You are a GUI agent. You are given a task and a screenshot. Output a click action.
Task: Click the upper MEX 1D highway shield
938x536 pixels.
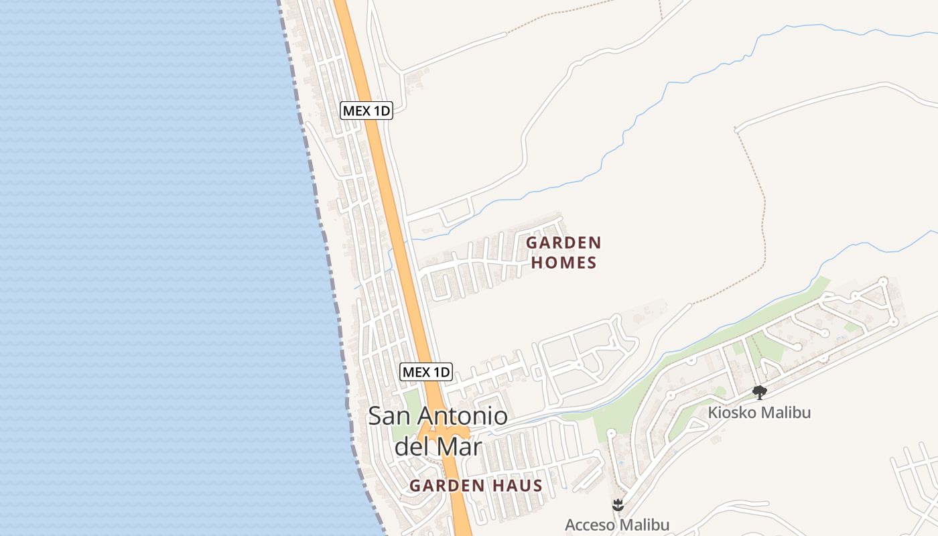[366, 111]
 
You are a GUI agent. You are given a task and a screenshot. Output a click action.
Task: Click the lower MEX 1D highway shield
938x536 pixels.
[426, 371]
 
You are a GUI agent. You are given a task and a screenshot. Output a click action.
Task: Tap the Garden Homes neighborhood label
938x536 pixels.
[563, 252]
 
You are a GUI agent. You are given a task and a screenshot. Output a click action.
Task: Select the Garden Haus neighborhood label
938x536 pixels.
[476, 486]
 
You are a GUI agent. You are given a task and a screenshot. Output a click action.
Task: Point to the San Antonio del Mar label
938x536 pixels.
[438, 431]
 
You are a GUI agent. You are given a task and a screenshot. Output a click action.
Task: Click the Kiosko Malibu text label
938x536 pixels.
[759, 412]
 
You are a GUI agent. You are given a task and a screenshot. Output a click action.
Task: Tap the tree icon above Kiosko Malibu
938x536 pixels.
[759, 392]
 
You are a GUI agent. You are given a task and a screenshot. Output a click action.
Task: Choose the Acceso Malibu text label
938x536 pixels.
[617, 525]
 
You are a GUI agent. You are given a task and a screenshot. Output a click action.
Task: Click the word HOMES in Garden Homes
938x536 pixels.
[563, 263]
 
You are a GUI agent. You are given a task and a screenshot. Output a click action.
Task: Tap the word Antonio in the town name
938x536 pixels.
[463, 416]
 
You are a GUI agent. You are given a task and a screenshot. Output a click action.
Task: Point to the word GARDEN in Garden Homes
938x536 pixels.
[563, 242]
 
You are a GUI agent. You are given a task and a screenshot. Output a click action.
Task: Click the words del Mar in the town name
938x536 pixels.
[438, 446]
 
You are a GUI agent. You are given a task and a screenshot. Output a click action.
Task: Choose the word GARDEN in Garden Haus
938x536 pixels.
[447, 486]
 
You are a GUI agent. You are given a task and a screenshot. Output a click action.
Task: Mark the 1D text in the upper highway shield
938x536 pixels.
[380, 111]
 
